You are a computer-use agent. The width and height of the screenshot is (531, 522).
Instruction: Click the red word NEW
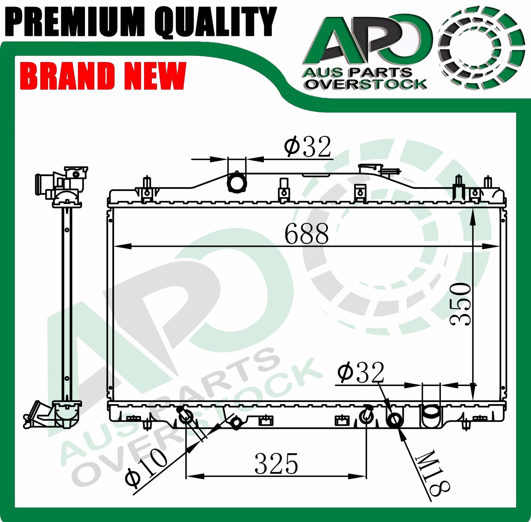[x=154, y=76]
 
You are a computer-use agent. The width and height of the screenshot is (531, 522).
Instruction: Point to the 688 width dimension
[x=306, y=233]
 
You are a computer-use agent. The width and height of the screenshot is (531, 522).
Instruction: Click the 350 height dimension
[x=461, y=305]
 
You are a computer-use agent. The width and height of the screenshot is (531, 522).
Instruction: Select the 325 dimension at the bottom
[x=276, y=464]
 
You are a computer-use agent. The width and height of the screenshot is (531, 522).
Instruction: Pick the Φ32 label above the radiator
[x=307, y=146]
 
